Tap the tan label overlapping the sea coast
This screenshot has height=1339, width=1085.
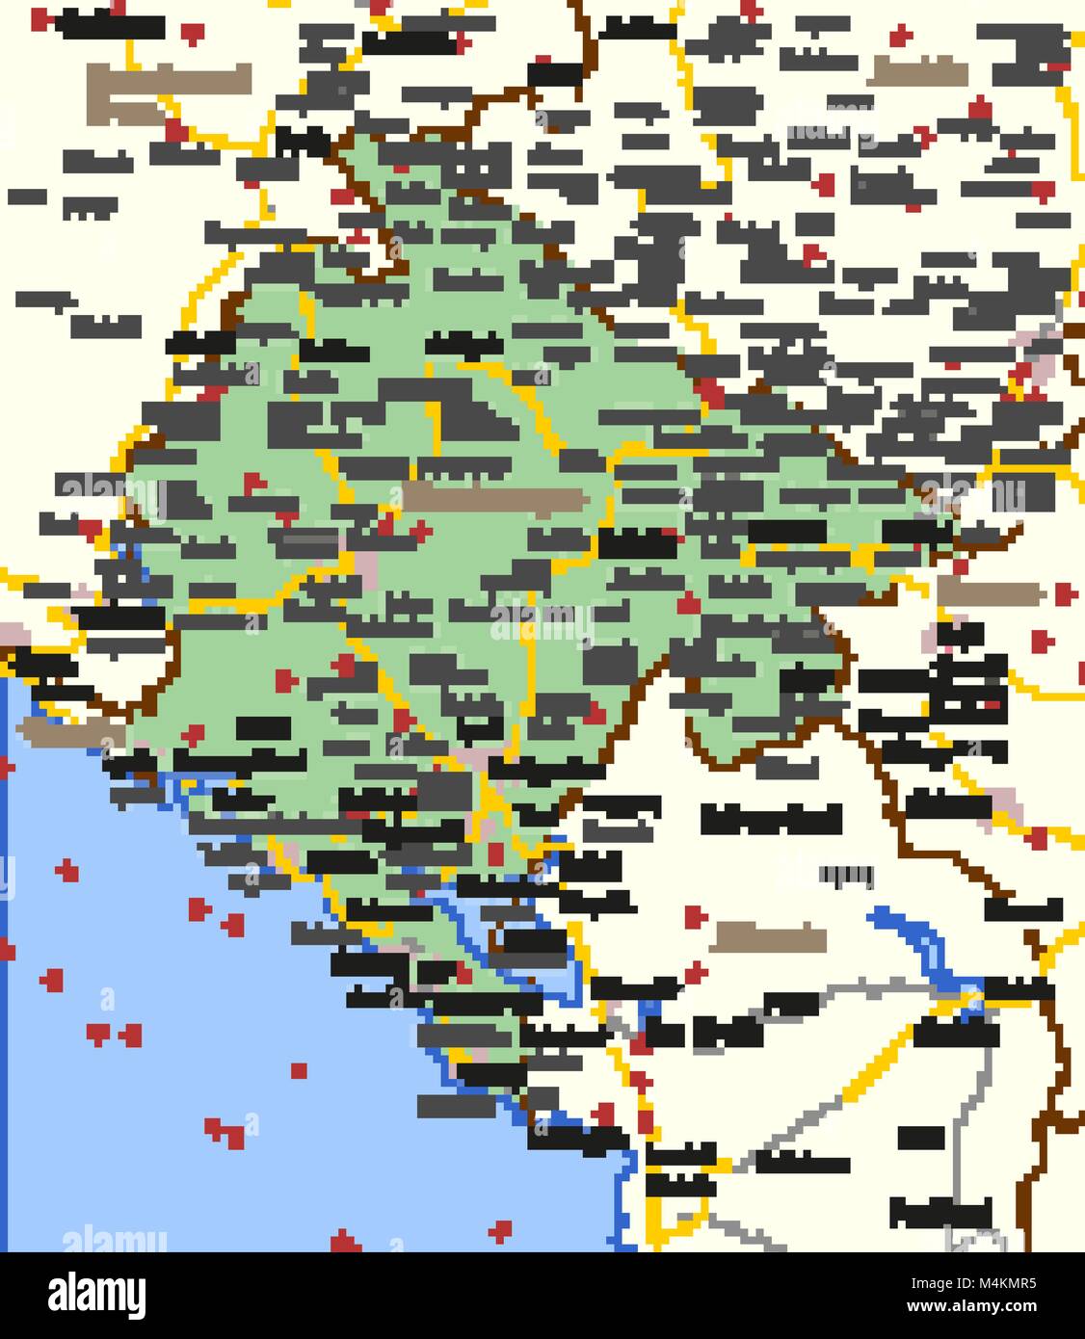tap(62, 730)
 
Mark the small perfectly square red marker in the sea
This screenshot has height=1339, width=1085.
tap(300, 1070)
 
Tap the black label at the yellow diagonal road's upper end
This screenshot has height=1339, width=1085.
tap(954, 1029)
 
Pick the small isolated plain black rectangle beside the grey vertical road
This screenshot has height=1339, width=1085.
tap(920, 1138)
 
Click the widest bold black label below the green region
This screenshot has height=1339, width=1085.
tap(771, 819)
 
